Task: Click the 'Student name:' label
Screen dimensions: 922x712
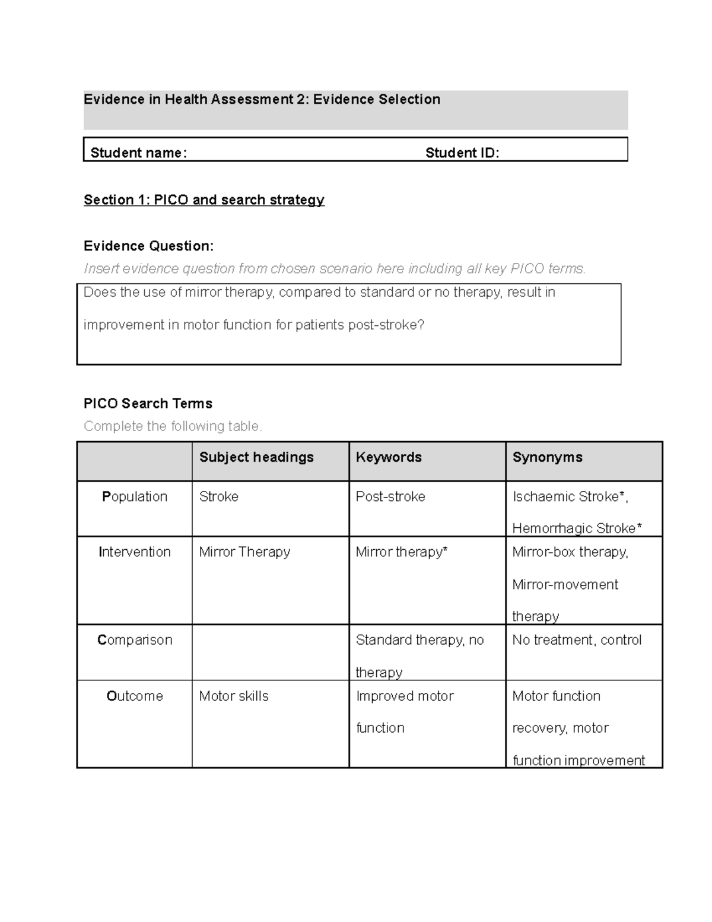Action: tap(138, 153)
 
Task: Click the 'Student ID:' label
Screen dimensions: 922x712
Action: tap(462, 153)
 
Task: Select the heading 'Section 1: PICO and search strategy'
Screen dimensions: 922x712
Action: tap(204, 200)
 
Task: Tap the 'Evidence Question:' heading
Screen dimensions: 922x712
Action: tap(148, 246)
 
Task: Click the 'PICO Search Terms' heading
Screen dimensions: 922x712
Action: tap(148, 404)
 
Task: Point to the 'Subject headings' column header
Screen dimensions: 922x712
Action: tap(256, 457)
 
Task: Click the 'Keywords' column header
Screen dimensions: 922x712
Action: tap(389, 457)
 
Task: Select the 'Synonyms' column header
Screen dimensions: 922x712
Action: tap(547, 457)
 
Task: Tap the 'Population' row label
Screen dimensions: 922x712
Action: tap(135, 496)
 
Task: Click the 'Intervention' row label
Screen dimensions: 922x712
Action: tap(135, 552)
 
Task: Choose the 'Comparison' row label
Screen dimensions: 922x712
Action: tap(135, 640)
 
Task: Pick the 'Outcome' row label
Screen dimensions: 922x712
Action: tap(135, 696)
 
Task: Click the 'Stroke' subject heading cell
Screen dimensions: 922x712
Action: tap(219, 496)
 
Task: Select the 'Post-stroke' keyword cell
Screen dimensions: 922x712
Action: tap(390, 496)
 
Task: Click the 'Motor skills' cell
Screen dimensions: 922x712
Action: tap(234, 696)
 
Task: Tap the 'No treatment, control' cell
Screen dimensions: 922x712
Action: tap(577, 640)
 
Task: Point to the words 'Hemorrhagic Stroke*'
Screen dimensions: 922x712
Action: tap(577, 528)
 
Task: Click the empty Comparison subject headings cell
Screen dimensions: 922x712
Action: tap(270, 652)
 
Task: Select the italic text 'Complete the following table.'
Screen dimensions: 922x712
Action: tap(173, 426)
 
